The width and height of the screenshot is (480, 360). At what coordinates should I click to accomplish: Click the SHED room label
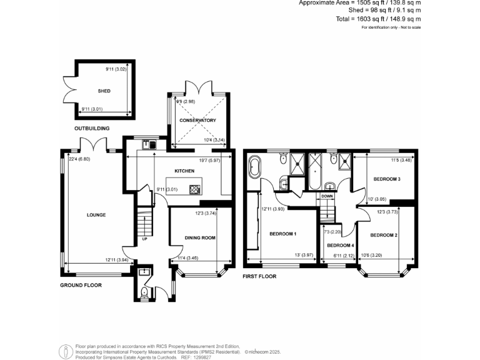[x=104, y=91]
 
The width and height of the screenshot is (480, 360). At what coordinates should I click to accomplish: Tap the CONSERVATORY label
[x=197, y=120]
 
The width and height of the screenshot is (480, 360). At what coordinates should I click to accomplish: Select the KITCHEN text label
[x=182, y=169]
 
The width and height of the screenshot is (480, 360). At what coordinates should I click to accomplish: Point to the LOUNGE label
[x=96, y=215]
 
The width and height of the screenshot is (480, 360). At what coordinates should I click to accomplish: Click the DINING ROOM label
[x=200, y=237]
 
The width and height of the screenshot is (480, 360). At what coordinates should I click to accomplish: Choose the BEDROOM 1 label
[x=282, y=234]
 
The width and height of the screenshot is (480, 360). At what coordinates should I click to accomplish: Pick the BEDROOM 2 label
[x=384, y=235]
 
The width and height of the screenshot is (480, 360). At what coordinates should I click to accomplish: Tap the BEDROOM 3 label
[x=386, y=179]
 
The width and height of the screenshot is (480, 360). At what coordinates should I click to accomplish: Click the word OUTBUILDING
[x=92, y=128]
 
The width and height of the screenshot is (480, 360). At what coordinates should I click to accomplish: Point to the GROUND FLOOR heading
[x=81, y=285]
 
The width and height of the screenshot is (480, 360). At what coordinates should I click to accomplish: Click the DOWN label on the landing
[x=327, y=196]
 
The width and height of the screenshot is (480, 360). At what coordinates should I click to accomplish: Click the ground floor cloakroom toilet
[x=144, y=292]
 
